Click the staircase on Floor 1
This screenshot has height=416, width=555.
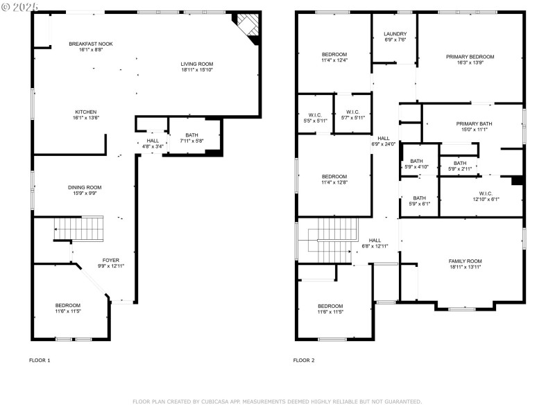click(79, 228)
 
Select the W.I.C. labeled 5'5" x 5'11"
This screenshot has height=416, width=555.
click(316, 115)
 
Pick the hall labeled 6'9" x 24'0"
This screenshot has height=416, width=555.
click(384, 141)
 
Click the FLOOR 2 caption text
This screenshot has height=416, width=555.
click(304, 361)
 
